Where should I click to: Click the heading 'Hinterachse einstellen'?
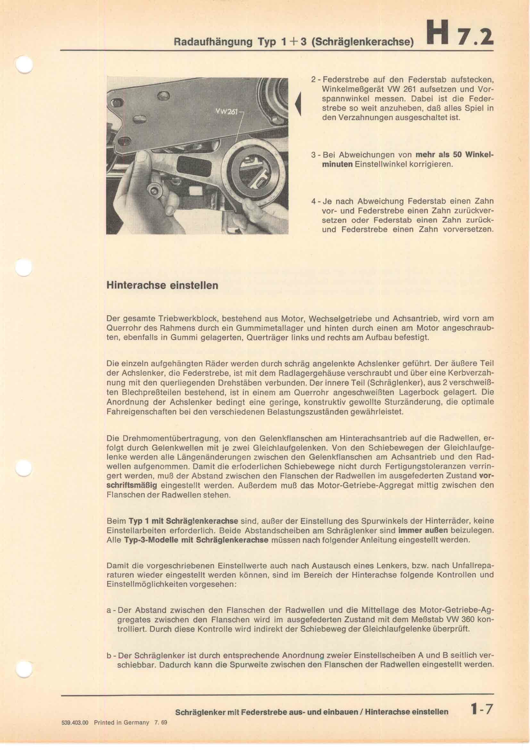click(162, 285)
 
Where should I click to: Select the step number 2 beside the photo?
click(313, 80)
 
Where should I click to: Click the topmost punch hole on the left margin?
click(24, 64)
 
